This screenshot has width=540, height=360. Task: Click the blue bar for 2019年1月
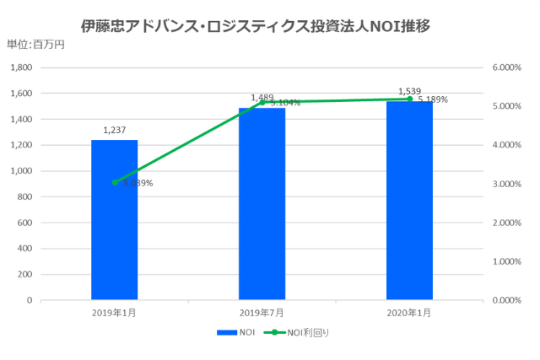[114, 219]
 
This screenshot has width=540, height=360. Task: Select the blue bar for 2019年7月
[262, 203]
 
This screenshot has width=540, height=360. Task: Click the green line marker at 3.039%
[115, 182]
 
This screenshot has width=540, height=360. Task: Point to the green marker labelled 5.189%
[410, 99]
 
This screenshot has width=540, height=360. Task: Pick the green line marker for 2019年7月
[262, 102]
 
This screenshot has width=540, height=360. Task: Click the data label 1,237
[114, 130]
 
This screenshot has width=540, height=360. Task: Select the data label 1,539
[409, 90]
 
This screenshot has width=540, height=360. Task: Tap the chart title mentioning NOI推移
[256, 26]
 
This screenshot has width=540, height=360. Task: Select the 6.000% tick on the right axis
[506, 67]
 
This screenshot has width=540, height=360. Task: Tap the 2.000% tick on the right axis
[506, 223]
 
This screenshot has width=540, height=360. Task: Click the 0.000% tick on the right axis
[506, 300]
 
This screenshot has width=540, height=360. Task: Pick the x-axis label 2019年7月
[262, 313]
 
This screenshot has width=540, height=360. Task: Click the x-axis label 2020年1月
[409, 313]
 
